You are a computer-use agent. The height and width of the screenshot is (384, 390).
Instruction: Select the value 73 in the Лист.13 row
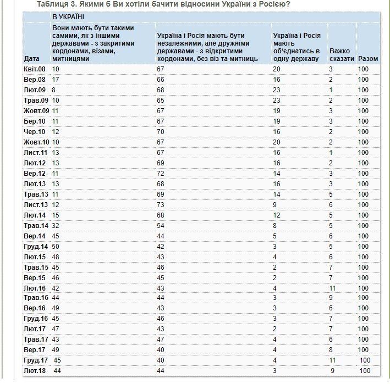(161, 204)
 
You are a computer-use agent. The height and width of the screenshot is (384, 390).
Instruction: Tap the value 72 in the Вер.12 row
(161, 173)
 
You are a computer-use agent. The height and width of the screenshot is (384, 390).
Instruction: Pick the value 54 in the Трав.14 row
(161, 225)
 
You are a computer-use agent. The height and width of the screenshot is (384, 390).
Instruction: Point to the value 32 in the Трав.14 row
(56, 225)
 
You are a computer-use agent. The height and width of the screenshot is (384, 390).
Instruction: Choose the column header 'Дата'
(32, 58)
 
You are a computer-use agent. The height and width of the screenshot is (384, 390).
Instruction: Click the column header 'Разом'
(368, 58)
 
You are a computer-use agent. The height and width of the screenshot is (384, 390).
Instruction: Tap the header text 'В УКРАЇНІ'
(68, 17)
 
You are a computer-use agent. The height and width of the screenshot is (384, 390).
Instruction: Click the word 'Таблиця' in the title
(53, 4)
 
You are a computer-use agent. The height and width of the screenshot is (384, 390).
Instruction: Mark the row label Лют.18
(35, 371)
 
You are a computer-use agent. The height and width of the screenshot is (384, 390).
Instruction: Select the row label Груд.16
(35, 319)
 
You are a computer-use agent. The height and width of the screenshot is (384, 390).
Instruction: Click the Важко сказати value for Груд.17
(332, 360)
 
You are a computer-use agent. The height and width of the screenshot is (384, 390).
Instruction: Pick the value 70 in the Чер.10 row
(161, 131)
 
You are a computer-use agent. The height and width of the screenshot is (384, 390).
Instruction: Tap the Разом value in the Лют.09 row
(363, 90)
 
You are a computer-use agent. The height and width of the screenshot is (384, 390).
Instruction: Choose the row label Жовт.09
(36, 110)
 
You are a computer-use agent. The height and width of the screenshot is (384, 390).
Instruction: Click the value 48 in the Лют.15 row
(56, 257)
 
